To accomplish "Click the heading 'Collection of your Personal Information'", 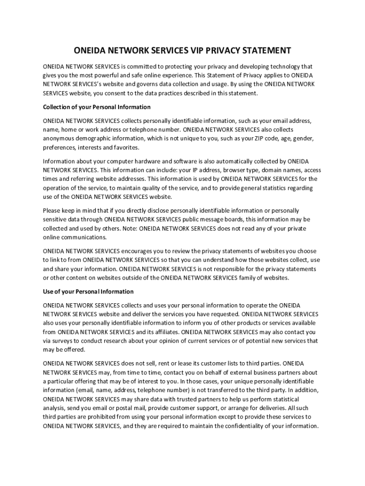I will click(x=97, y=107).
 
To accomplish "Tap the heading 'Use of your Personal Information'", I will click(x=88, y=291).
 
